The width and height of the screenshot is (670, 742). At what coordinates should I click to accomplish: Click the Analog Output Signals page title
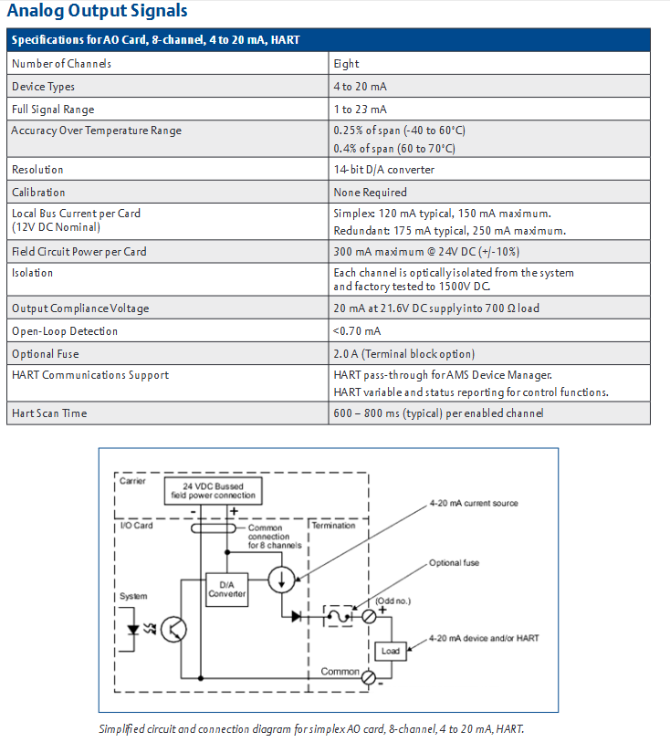98,10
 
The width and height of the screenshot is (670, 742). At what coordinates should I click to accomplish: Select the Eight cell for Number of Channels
346,63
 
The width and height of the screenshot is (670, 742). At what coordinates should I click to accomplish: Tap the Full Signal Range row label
53,110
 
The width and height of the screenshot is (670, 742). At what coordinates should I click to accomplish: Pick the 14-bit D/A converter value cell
383,170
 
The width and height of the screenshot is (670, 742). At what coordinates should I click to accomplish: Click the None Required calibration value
370,193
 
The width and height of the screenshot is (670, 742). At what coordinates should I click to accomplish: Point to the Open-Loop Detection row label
65,331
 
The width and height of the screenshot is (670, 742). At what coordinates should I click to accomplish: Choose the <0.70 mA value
357,331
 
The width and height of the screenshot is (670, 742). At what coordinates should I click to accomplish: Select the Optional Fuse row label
46,354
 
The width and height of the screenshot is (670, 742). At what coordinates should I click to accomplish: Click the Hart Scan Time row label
49,413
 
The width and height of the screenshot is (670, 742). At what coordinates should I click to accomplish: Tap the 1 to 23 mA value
360,110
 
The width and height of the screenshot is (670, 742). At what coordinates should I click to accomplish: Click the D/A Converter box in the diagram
227,590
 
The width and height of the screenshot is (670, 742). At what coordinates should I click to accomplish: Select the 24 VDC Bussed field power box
213,491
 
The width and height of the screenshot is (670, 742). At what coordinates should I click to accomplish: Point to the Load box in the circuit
391,651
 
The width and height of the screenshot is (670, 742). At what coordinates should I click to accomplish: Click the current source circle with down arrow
281,580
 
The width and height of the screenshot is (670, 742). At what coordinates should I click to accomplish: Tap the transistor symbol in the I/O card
173,630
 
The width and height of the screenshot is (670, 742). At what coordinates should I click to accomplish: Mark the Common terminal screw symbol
368,678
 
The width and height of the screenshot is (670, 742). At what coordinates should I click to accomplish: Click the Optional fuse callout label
455,562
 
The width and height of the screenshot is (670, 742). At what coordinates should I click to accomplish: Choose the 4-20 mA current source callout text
474,503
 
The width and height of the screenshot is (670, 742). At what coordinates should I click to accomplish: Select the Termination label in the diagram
333,526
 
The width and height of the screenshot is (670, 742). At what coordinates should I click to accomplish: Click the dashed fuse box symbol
338,616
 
